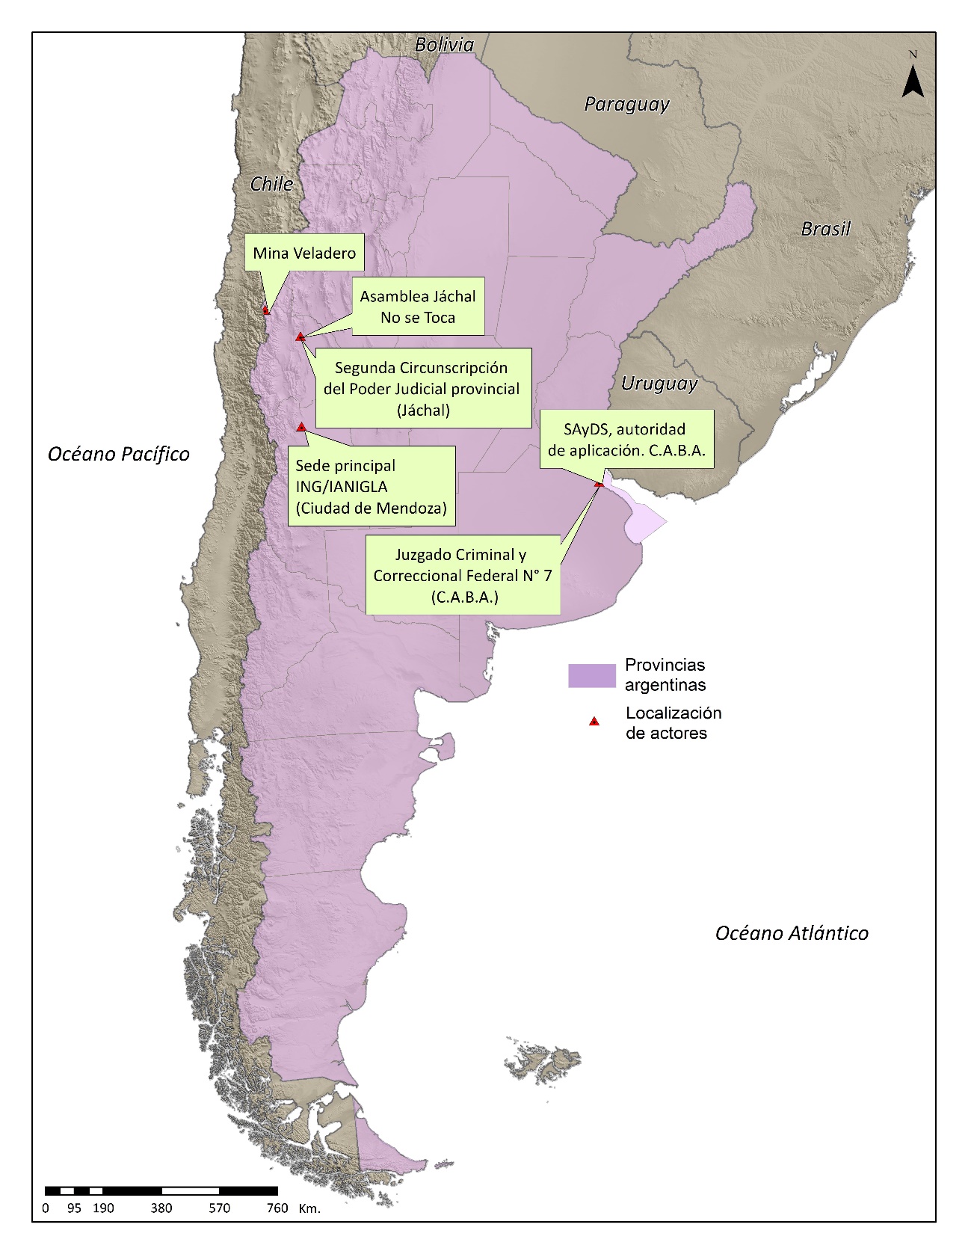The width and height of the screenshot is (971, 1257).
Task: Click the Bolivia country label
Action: pos(444,45)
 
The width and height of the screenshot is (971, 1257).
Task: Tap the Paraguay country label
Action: pos(626,104)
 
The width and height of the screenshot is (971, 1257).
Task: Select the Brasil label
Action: pos(825,229)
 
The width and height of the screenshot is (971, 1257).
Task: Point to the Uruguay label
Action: pos(659,384)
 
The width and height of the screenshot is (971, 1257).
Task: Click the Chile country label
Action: pos(271,184)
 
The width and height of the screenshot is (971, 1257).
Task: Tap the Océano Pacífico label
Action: pos(118,454)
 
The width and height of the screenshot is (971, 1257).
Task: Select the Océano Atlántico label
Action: pos(792,932)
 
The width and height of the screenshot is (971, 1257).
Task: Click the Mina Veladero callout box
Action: pos(304,253)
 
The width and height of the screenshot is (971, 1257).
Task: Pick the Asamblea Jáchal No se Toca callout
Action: pos(418,307)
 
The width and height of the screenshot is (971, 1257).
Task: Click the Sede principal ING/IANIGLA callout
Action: pos(372,486)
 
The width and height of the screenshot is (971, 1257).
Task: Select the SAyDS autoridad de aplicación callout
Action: pos(626,440)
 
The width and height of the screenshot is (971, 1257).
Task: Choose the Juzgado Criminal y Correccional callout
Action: pos(462,575)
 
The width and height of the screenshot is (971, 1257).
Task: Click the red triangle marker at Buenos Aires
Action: pos(599,485)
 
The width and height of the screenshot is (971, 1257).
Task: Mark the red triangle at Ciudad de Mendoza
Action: pos(301,427)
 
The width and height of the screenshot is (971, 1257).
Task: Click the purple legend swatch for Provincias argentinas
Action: pos(591,675)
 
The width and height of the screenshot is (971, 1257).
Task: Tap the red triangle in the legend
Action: pos(594,722)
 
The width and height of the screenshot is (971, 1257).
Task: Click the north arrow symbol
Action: pos(913,80)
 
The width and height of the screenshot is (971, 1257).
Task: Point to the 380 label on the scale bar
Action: pos(161,1208)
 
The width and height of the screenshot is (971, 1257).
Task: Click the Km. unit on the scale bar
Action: pos(309,1208)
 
